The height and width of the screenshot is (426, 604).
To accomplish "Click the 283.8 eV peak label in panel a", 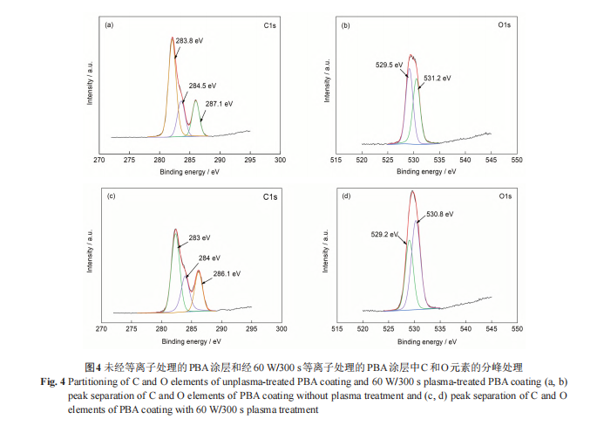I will [189, 41].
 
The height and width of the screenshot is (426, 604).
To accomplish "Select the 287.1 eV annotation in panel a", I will [220, 104].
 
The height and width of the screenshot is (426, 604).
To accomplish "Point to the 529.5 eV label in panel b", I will [389, 64].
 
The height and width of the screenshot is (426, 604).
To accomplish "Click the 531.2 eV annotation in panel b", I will [438, 79].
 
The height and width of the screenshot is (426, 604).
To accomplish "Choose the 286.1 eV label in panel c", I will [225, 273].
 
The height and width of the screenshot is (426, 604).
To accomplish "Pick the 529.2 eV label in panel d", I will [385, 234].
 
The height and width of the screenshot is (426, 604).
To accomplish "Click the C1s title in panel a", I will [270, 26].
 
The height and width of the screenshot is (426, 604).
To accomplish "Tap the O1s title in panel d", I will [506, 196].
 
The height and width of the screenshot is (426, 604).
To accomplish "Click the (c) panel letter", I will [111, 196].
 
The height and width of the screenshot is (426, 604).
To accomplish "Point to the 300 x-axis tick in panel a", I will [280, 161].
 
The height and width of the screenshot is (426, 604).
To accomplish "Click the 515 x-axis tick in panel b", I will [337, 161].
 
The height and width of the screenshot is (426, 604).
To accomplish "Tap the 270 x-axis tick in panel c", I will [101, 329].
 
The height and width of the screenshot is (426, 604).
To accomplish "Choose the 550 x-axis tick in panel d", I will [517, 329].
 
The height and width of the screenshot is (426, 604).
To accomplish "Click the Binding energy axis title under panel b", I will [426, 173].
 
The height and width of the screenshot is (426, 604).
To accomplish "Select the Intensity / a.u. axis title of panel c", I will [89, 251].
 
